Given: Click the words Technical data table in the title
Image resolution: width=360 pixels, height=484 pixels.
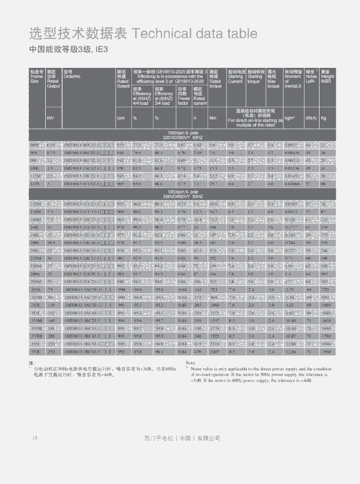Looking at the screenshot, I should [x=195, y=34].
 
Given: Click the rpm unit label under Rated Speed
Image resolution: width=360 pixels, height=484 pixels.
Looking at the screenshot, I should [x=120, y=118].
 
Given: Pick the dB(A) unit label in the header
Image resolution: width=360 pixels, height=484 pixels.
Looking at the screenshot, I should [x=311, y=118].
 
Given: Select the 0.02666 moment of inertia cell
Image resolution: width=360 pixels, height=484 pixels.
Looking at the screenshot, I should [x=293, y=184].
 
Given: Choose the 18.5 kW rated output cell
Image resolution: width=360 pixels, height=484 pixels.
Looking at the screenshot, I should [x=51, y=244].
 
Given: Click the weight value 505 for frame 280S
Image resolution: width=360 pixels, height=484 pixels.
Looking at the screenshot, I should [x=325, y=274].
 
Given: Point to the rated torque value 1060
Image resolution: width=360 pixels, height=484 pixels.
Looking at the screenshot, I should [x=214, y=305].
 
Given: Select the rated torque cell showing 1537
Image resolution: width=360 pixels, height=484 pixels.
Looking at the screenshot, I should [x=215, y=320].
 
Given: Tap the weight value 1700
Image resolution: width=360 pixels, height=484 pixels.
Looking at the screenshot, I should [x=326, y=336].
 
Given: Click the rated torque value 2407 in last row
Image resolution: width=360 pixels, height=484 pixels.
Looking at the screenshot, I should [x=214, y=351].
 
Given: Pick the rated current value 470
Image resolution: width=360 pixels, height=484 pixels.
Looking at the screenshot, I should [x=198, y=351].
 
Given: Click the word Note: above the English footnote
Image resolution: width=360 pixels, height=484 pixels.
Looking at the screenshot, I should [x=190, y=363].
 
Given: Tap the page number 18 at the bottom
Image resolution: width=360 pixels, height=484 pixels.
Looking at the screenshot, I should [x=35, y=438].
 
